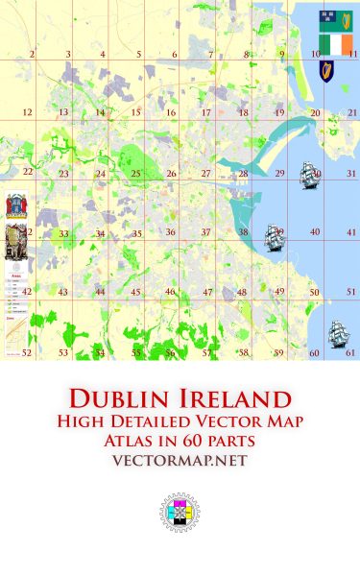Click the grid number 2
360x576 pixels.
click(32, 55)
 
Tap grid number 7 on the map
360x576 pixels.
click(210, 55)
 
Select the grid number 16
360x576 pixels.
click(170, 113)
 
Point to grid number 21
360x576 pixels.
click(352, 113)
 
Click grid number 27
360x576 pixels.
click(205, 174)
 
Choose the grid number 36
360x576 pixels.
click(170, 232)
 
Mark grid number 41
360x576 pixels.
click(351, 232)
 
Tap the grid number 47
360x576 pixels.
click(206, 292)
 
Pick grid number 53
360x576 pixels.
click(63, 353)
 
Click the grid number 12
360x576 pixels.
click(27, 113)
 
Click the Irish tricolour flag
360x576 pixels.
click(336, 44)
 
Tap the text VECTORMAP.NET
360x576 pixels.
click(180, 461)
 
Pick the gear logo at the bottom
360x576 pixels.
click(180, 514)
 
